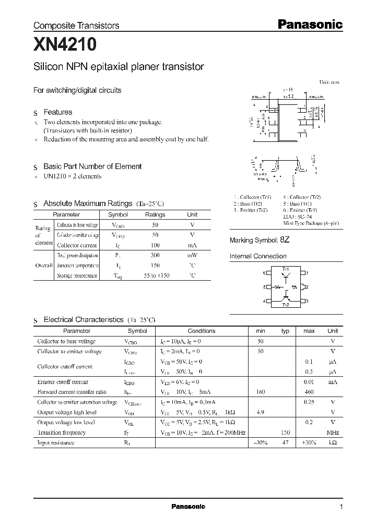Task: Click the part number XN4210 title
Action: tap(65, 45)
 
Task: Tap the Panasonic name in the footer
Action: tap(188, 507)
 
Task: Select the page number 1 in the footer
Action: tap(341, 507)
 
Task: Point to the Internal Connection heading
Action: tap(258, 256)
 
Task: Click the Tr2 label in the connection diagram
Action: tap(286, 305)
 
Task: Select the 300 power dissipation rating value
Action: tap(155, 256)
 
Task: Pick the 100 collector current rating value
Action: tap(155, 245)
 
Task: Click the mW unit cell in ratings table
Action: tap(192, 256)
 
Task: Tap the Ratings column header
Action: tap(155, 214)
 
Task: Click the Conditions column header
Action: tap(201, 331)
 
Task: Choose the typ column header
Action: tap(285, 331)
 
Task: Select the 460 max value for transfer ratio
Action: tap(309, 392)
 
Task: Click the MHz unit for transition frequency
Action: tap(333, 433)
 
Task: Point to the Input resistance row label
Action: tap(55, 443)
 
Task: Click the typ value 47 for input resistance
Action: tap(285, 443)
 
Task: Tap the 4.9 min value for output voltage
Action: tap(261, 412)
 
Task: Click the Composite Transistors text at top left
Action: tap(76, 25)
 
